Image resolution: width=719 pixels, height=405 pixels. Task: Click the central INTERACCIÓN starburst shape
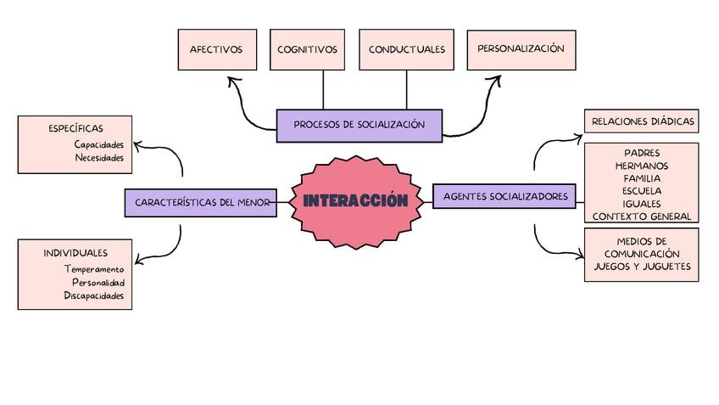356,202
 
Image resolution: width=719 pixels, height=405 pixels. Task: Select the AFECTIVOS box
217,49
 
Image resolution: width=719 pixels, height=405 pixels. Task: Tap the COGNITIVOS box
307,49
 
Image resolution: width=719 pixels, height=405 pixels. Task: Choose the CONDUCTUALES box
407,49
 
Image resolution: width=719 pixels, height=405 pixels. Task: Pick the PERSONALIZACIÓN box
521,50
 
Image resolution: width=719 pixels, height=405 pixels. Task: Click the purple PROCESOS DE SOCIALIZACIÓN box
359,126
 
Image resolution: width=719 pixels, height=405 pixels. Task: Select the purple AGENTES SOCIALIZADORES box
504,196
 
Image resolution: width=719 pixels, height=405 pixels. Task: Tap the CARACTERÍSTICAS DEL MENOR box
201,202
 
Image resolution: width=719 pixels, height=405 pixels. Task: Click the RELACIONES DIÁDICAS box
642,121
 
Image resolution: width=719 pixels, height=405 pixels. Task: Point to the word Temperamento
94,269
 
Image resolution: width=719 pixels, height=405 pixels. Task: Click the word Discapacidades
93,295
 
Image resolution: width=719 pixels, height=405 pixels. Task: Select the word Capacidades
99,144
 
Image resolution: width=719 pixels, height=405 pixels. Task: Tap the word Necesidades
99,158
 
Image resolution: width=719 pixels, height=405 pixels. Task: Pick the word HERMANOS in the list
642,166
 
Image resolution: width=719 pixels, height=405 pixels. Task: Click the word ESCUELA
642,191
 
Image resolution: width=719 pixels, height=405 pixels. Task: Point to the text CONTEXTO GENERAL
642,217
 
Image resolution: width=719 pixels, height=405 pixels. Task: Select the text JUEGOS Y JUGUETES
642,267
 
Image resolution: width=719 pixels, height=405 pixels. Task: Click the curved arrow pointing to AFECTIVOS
243,111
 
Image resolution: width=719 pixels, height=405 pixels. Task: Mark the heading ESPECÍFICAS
75,128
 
